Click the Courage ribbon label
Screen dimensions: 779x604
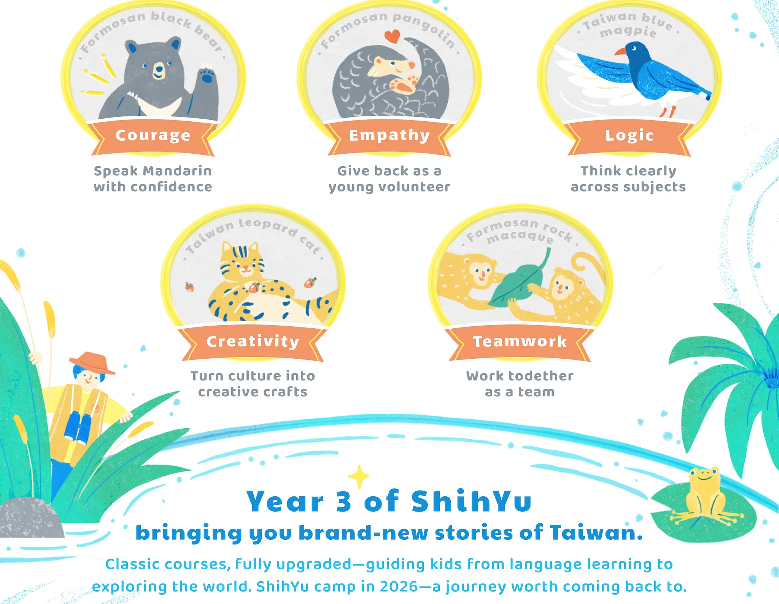[x=153, y=135]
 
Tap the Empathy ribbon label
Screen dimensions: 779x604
[x=389, y=135]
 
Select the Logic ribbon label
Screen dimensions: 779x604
[x=629, y=135]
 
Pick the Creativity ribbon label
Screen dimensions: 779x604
[x=253, y=342]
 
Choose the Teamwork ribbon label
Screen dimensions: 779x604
[x=520, y=342]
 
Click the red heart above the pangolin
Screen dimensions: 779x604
[x=392, y=37]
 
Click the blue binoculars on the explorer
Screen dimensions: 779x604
[x=78, y=428]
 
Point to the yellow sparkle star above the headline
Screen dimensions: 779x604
[x=358, y=477]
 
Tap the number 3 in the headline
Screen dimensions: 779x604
[x=343, y=501]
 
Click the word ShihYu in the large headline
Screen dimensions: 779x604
[x=471, y=501]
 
